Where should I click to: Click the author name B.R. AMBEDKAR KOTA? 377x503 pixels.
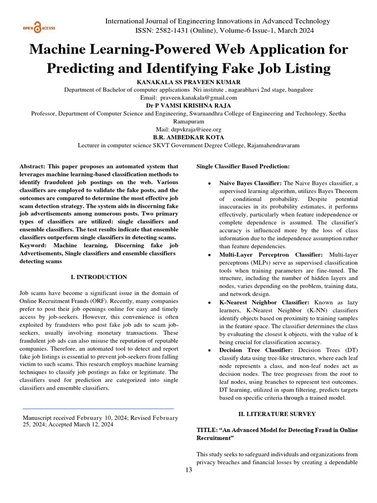point(188,138)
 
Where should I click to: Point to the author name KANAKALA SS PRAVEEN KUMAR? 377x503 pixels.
point(188,82)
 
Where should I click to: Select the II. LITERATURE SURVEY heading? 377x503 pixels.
point(280,414)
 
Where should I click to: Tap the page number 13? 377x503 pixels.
point(188,470)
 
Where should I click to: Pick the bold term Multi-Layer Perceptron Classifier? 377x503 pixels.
point(271,255)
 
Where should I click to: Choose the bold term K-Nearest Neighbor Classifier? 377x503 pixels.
point(264,303)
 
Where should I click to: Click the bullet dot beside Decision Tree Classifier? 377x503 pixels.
point(210,350)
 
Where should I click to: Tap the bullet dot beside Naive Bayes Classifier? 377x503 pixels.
point(210,183)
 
